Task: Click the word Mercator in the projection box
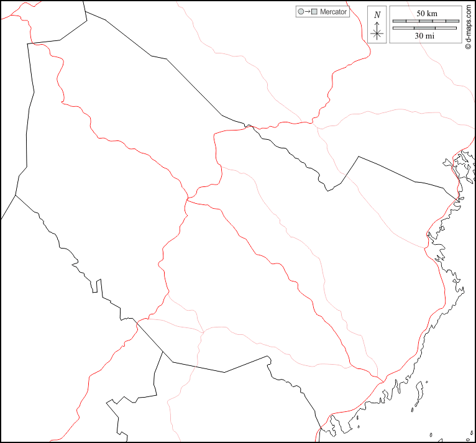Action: (333, 12)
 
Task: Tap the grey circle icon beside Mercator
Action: (301, 12)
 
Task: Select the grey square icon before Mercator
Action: (314, 12)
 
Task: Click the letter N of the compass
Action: (377, 14)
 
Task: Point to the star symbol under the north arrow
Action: (377, 34)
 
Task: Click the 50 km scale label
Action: (427, 13)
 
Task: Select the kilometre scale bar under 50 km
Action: (425, 21)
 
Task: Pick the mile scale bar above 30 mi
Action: (425, 28)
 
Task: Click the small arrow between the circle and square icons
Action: (308, 12)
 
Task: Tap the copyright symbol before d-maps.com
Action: (467, 45)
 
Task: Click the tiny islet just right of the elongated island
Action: (431, 435)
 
